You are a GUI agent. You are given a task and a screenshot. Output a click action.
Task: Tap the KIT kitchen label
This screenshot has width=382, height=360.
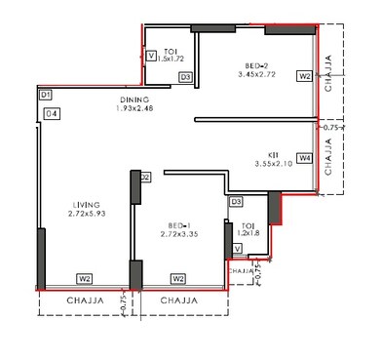pyautogui.click(x=276, y=154)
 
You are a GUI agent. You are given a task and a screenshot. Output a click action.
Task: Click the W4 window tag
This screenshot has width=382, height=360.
pyautogui.click(x=305, y=157)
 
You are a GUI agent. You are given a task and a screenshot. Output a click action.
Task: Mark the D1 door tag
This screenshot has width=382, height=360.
pyautogui.click(x=45, y=95)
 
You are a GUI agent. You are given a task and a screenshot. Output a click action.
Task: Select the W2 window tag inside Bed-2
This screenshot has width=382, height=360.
pyautogui.click(x=304, y=75)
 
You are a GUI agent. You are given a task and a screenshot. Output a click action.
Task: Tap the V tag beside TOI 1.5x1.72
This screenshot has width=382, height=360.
pyautogui.click(x=151, y=57)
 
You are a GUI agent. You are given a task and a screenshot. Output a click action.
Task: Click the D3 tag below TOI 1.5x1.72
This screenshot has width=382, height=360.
pyautogui.click(x=185, y=76)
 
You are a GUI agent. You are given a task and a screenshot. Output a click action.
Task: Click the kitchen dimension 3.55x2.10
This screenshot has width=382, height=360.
pyautogui.click(x=276, y=165)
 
